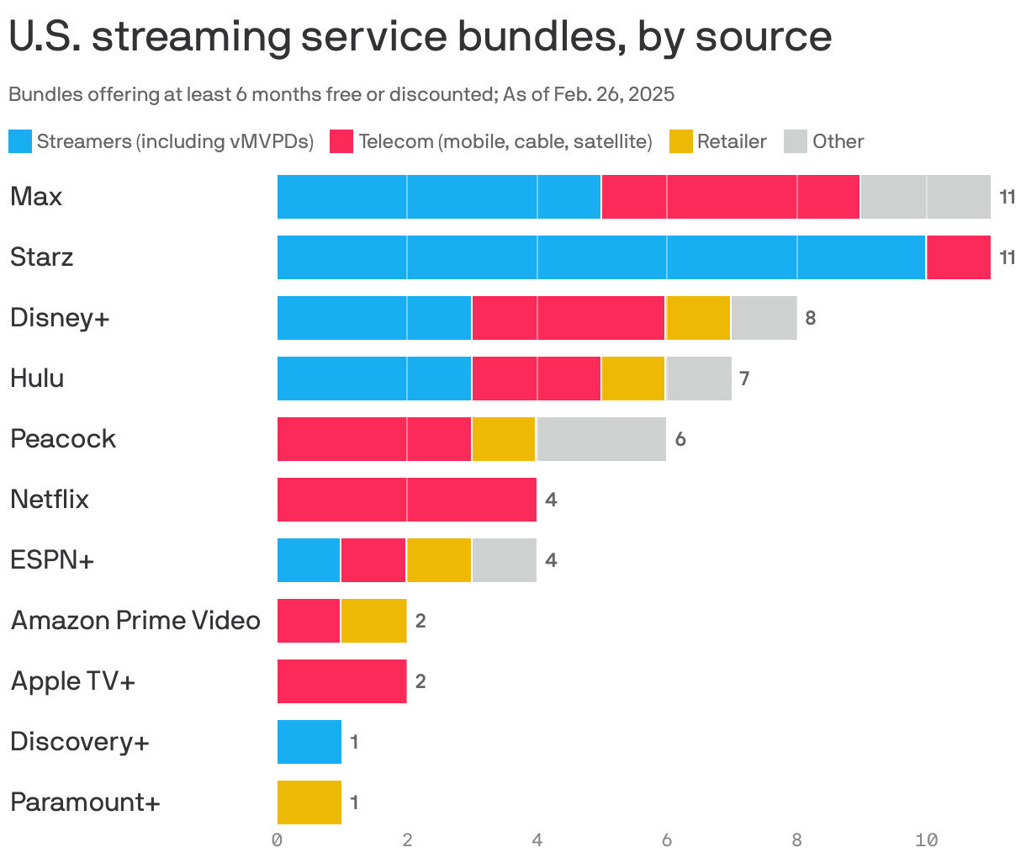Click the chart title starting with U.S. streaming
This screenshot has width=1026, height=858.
pos(420,37)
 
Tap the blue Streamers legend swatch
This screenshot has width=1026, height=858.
pos(20,141)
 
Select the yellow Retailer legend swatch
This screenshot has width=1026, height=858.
pos(681,141)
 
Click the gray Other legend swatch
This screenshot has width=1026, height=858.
pos(796,141)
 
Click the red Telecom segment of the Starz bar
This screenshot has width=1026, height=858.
pos(958,257)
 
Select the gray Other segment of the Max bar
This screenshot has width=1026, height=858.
pos(925,197)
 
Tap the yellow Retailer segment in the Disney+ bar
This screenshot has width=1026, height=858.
pos(698,318)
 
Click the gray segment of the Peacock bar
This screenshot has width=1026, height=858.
pos(601,439)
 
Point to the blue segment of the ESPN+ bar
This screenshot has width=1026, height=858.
pos(309,560)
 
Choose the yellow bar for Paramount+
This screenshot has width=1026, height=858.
pos(309,802)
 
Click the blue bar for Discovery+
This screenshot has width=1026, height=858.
pos(309,742)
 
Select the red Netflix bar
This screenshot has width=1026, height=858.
pos(407,500)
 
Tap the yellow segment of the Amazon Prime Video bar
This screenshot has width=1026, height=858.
pos(374,621)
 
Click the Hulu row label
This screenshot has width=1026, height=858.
pos(37,379)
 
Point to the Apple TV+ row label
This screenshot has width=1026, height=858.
pos(73,681)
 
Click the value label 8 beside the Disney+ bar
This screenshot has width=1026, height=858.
pos(811,318)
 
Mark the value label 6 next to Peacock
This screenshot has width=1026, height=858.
pos(680,439)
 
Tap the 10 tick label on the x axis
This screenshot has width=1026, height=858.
pos(926,839)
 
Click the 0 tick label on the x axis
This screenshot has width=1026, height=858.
pos(277,839)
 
